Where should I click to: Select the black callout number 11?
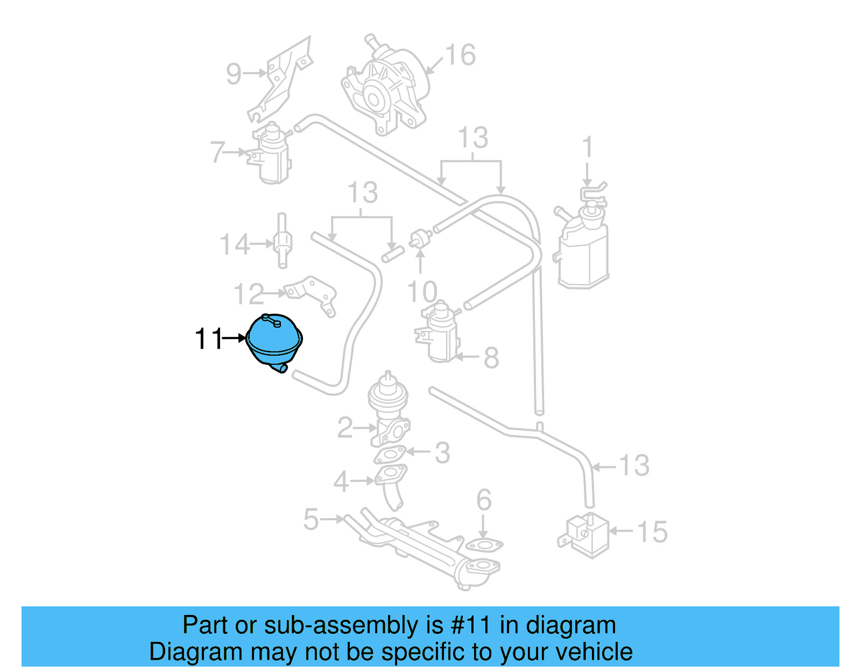pos(208,339)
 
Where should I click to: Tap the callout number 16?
pos(460,55)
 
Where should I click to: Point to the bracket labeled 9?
pos(283,78)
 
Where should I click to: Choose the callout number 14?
pos(235,245)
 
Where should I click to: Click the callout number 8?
pos(491,358)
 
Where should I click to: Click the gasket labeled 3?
pos(391,455)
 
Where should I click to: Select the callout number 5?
pos(311,520)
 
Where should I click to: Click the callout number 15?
pos(652,532)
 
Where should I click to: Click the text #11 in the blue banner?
pos(471,626)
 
